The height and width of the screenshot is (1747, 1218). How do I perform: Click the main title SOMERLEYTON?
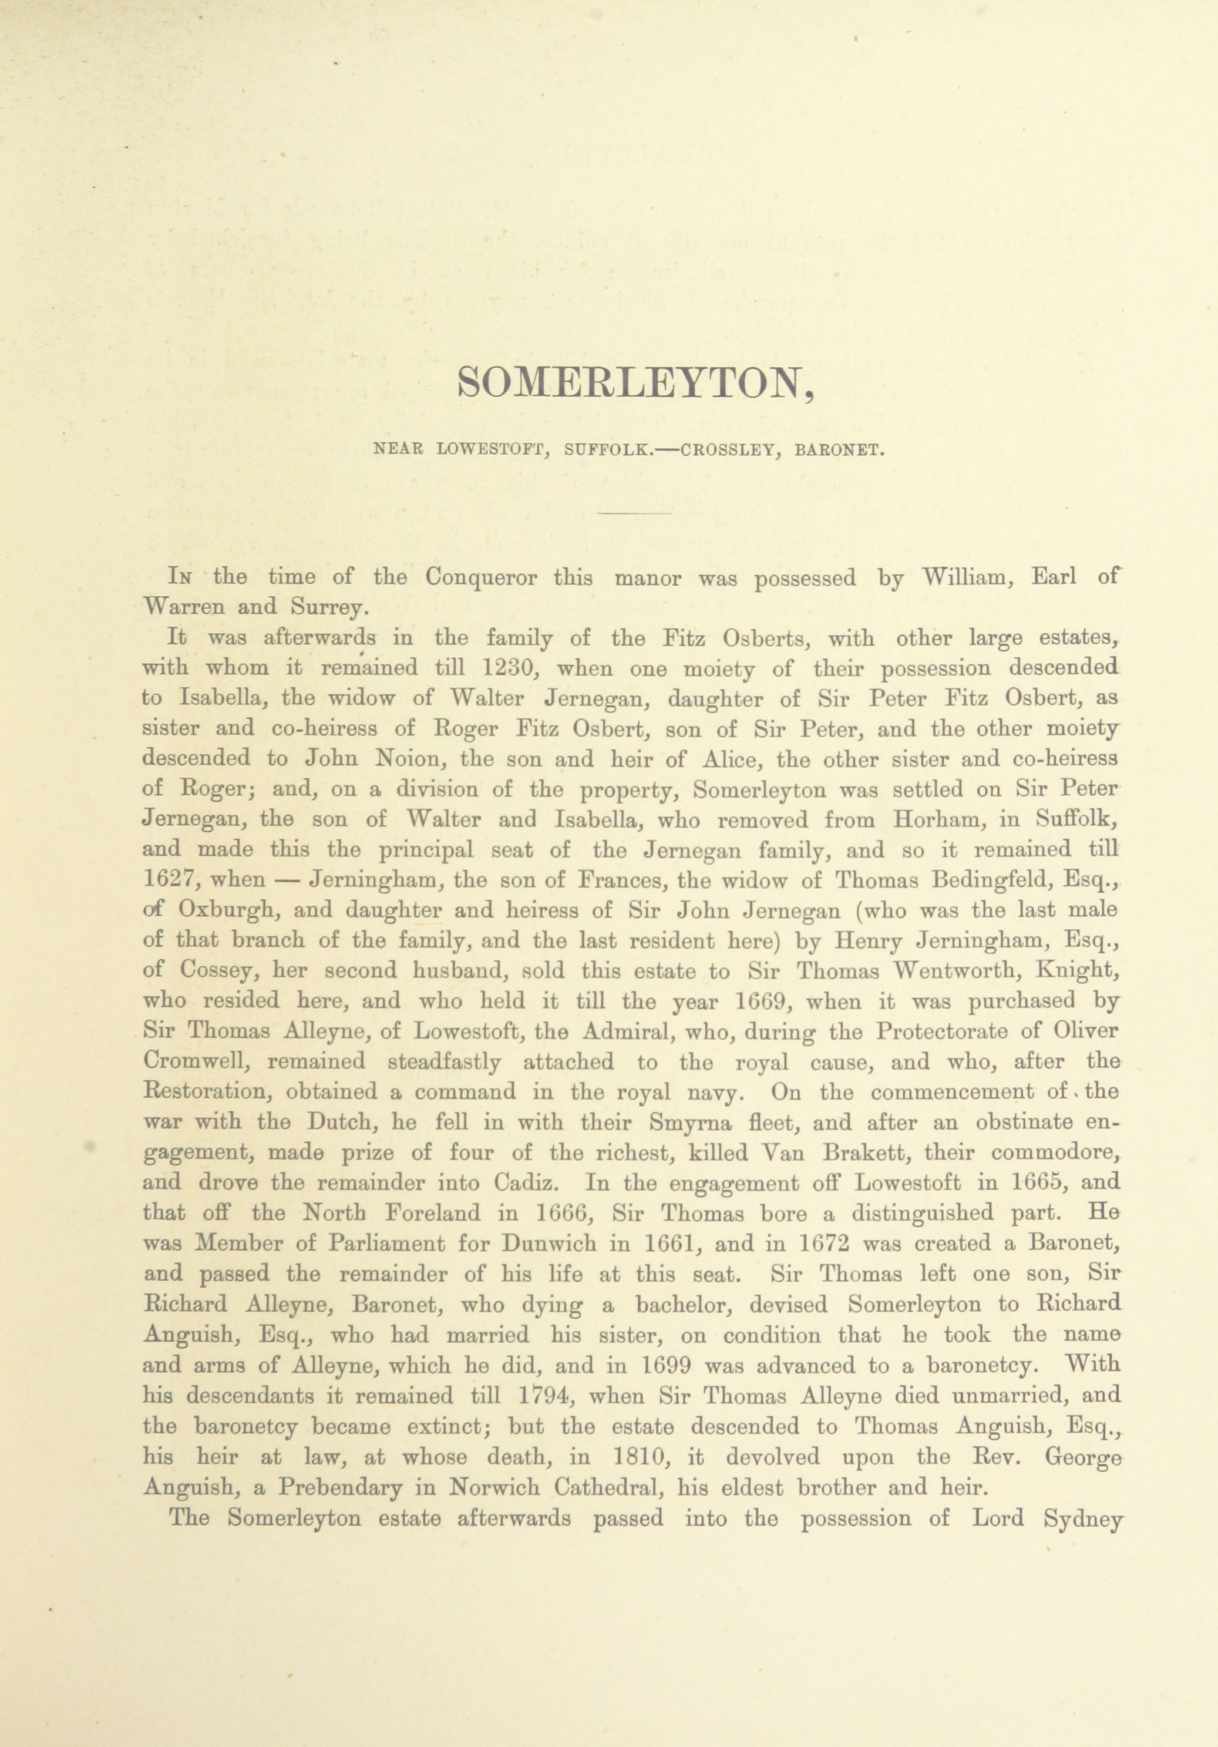(635, 385)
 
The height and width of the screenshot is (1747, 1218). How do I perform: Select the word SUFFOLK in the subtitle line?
(606, 449)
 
